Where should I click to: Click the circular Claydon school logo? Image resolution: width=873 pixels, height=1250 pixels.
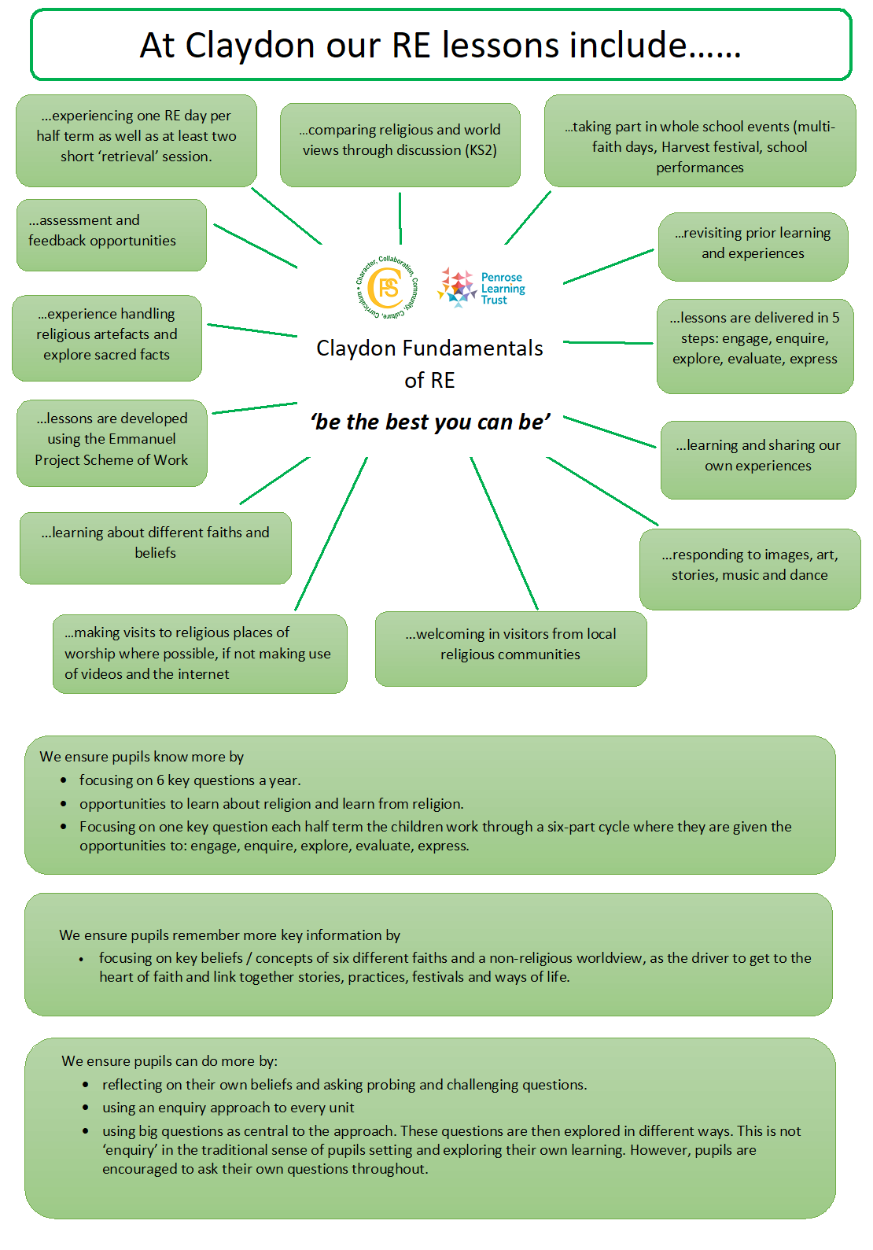(387, 287)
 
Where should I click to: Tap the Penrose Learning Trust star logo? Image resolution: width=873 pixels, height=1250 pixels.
(456, 287)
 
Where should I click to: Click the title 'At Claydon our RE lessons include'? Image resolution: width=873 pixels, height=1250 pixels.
(440, 45)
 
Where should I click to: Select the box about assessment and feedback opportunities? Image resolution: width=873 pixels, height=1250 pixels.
(112, 235)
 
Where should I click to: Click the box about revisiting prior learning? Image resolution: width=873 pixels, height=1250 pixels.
(753, 247)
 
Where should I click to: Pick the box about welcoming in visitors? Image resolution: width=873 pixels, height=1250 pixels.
(511, 648)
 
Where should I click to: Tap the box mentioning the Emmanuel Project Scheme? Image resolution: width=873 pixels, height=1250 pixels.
(112, 443)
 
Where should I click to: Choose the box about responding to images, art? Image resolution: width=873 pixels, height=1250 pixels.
(750, 570)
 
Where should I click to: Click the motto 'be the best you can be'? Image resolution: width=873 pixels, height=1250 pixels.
(430, 422)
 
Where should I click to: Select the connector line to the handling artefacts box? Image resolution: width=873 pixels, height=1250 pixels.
(252, 330)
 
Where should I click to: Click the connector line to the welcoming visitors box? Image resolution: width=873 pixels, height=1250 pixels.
(504, 533)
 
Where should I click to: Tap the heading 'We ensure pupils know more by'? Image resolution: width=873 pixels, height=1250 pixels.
(142, 757)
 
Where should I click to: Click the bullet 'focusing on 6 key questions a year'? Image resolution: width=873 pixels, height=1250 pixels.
(190, 780)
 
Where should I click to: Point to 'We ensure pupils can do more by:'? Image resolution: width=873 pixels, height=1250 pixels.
(170, 1061)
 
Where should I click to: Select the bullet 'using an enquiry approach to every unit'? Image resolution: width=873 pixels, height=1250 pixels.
(228, 1107)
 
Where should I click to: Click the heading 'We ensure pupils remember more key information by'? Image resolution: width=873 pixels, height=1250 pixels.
(230, 935)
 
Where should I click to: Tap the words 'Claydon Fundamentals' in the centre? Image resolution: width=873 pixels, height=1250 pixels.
(429, 348)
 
